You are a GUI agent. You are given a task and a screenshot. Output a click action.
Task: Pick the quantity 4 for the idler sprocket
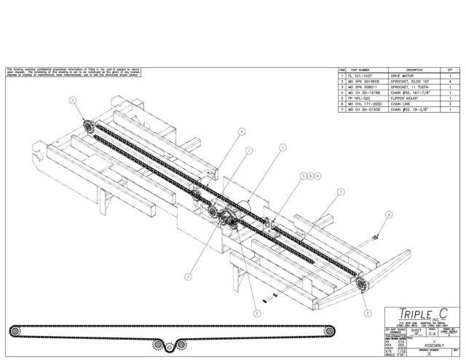point(451,80)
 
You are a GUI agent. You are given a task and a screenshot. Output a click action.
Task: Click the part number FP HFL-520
point(361,98)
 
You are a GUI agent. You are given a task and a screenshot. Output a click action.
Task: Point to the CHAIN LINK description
point(403,104)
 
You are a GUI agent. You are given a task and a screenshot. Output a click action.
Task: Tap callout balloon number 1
point(281,146)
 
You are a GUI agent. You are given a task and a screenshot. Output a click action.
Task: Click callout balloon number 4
point(241,132)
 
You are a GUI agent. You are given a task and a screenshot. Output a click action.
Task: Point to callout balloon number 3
point(188,277)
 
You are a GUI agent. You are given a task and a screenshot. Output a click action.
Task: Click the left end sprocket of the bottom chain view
point(14,331)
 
